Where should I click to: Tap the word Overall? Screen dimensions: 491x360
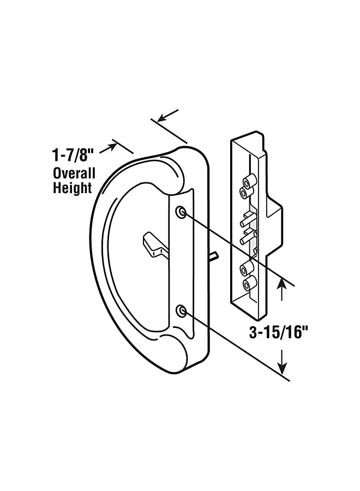(74, 174)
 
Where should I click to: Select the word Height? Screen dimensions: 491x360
(72, 189)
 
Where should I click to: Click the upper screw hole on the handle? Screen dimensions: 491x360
(181, 212)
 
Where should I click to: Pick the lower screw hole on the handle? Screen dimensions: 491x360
(181, 311)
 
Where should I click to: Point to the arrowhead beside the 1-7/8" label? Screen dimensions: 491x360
(112, 144)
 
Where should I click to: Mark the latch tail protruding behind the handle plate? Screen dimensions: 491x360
(215, 255)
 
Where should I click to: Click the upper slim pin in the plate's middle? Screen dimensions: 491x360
(245, 221)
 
